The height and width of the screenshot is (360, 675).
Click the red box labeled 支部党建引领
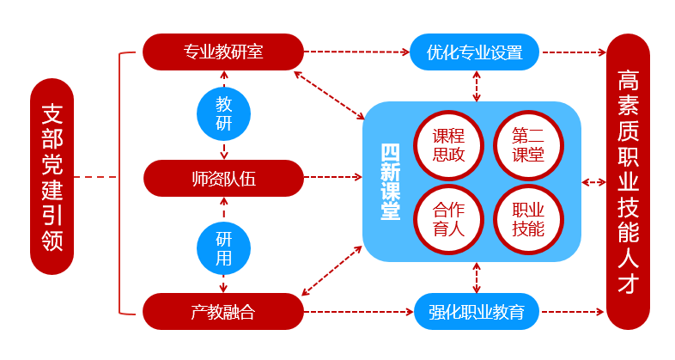pyautogui.click(x=52, y=177)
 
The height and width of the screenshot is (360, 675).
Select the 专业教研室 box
pyautogui.click(x=223, y=52)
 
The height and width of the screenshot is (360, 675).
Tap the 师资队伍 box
pyautogui.click(x=223, y=179)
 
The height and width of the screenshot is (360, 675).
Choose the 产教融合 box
pyautogui.click(x=223, y=311)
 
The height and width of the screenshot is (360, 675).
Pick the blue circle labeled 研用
pyautogui.click(x=223, y=247)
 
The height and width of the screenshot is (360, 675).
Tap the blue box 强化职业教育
pyautogui.click(x=476, y=312)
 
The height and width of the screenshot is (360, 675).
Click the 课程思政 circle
pyautogui.click(x=448, y=144)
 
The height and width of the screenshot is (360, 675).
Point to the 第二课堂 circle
pyautogui.click(x=527, y=144)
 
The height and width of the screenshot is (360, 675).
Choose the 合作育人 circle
pyautogui.click(x=448, y=219)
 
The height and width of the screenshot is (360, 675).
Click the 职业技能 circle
pyautogui.click(x=527, y=219)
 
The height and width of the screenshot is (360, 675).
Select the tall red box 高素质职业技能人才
pyautogui.click(x=628, y=180)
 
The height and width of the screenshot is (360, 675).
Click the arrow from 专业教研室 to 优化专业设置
pyautogui.click(x=356, y=52)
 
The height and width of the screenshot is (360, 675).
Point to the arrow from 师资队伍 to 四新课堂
pyautogui.click(x=333, y=179)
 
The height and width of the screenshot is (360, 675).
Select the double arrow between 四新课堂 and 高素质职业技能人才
pyautogui.click(x=593, y=182)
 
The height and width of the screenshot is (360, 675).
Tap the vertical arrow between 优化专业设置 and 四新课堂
pyautogui.click(x=476, y=86)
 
